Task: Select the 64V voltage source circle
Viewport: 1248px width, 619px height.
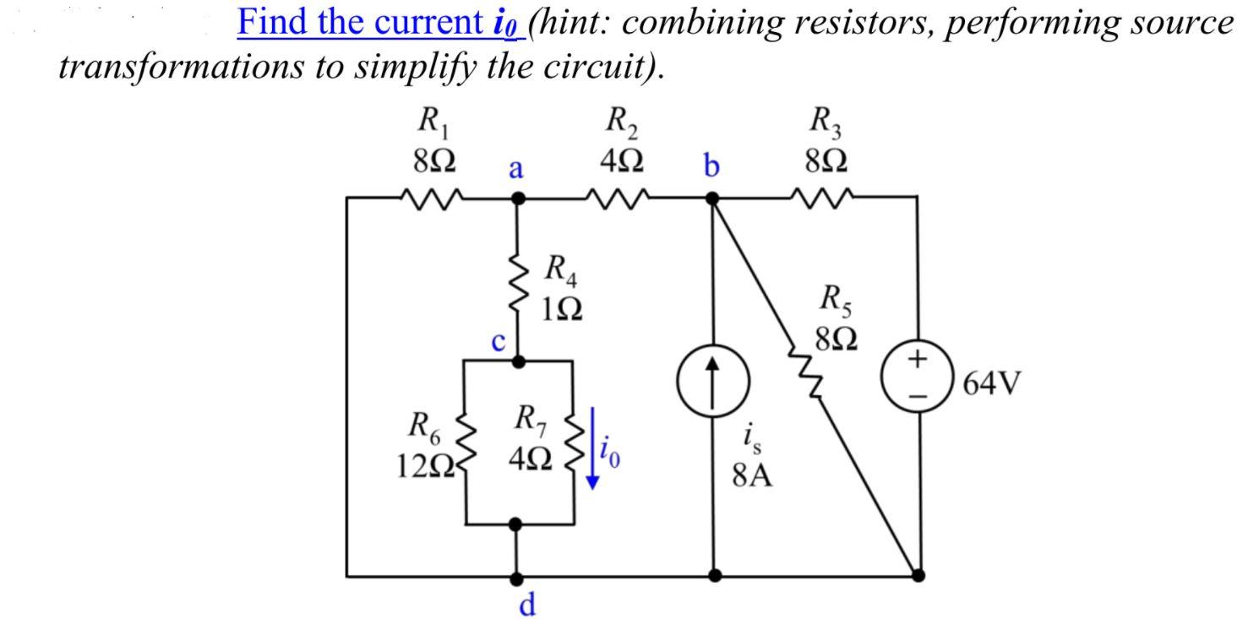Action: (x=918, y=376)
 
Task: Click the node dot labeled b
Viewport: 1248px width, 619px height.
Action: (x=713, y=199)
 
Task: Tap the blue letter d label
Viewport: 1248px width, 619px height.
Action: (x=526, y=605)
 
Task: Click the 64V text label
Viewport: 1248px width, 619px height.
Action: (x=992, y=384)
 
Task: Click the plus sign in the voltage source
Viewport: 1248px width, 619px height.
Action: (x=918, y=361)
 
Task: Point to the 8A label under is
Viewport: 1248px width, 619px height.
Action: (x=753, y=476)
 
